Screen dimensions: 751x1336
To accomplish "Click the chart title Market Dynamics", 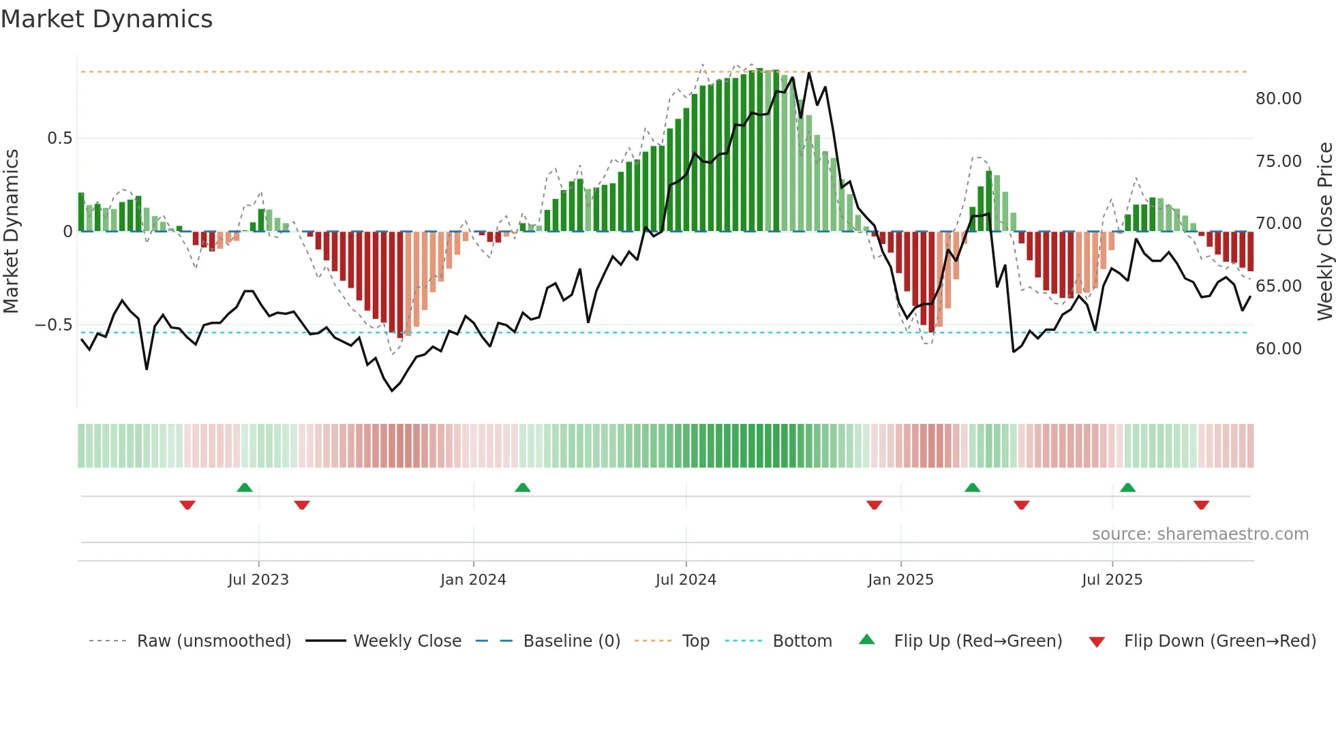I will (106, 19).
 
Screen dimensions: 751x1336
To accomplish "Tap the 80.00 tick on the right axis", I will (1278, 99).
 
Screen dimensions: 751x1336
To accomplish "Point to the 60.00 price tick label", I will (1278, 349).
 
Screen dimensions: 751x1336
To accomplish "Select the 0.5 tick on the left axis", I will (59, 138).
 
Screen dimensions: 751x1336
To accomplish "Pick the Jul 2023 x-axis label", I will (258, 580).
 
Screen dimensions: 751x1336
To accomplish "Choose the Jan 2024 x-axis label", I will (473, 580).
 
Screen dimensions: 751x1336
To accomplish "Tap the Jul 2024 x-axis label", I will (686, 580).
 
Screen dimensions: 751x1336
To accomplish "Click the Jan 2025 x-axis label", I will (900, 580).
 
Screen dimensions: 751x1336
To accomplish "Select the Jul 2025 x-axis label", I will (1112, 580).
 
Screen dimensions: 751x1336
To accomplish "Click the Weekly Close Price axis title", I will (1324, 232).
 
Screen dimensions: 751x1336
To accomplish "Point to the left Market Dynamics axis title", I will (11, 232).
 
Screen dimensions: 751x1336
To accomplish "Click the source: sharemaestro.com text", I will (1200, 534).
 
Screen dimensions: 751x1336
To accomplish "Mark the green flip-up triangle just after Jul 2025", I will (1127, 488).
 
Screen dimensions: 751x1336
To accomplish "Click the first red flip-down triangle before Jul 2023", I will (187, 505).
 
